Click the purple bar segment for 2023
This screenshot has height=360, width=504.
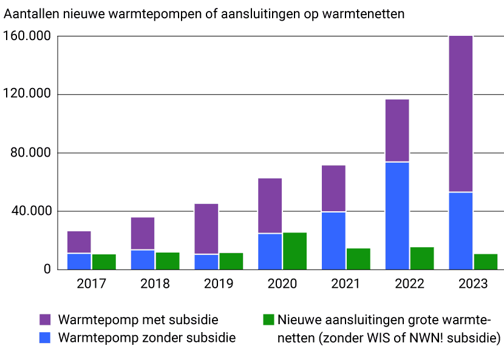point(461,114)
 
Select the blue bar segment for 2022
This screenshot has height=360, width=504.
point(397,216)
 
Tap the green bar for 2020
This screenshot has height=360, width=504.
point(295,251)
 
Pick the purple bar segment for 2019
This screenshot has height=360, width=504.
point(206,229)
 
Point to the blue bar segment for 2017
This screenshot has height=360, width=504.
point(79,261)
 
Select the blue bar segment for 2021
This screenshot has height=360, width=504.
point(333,240)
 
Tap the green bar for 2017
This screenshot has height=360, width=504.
point(104,262)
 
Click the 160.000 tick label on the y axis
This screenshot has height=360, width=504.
point(28,36)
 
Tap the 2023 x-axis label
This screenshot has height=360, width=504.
point(473,284)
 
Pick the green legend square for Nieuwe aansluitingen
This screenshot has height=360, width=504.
point(268,320)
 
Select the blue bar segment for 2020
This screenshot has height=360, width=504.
point(270,251)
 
